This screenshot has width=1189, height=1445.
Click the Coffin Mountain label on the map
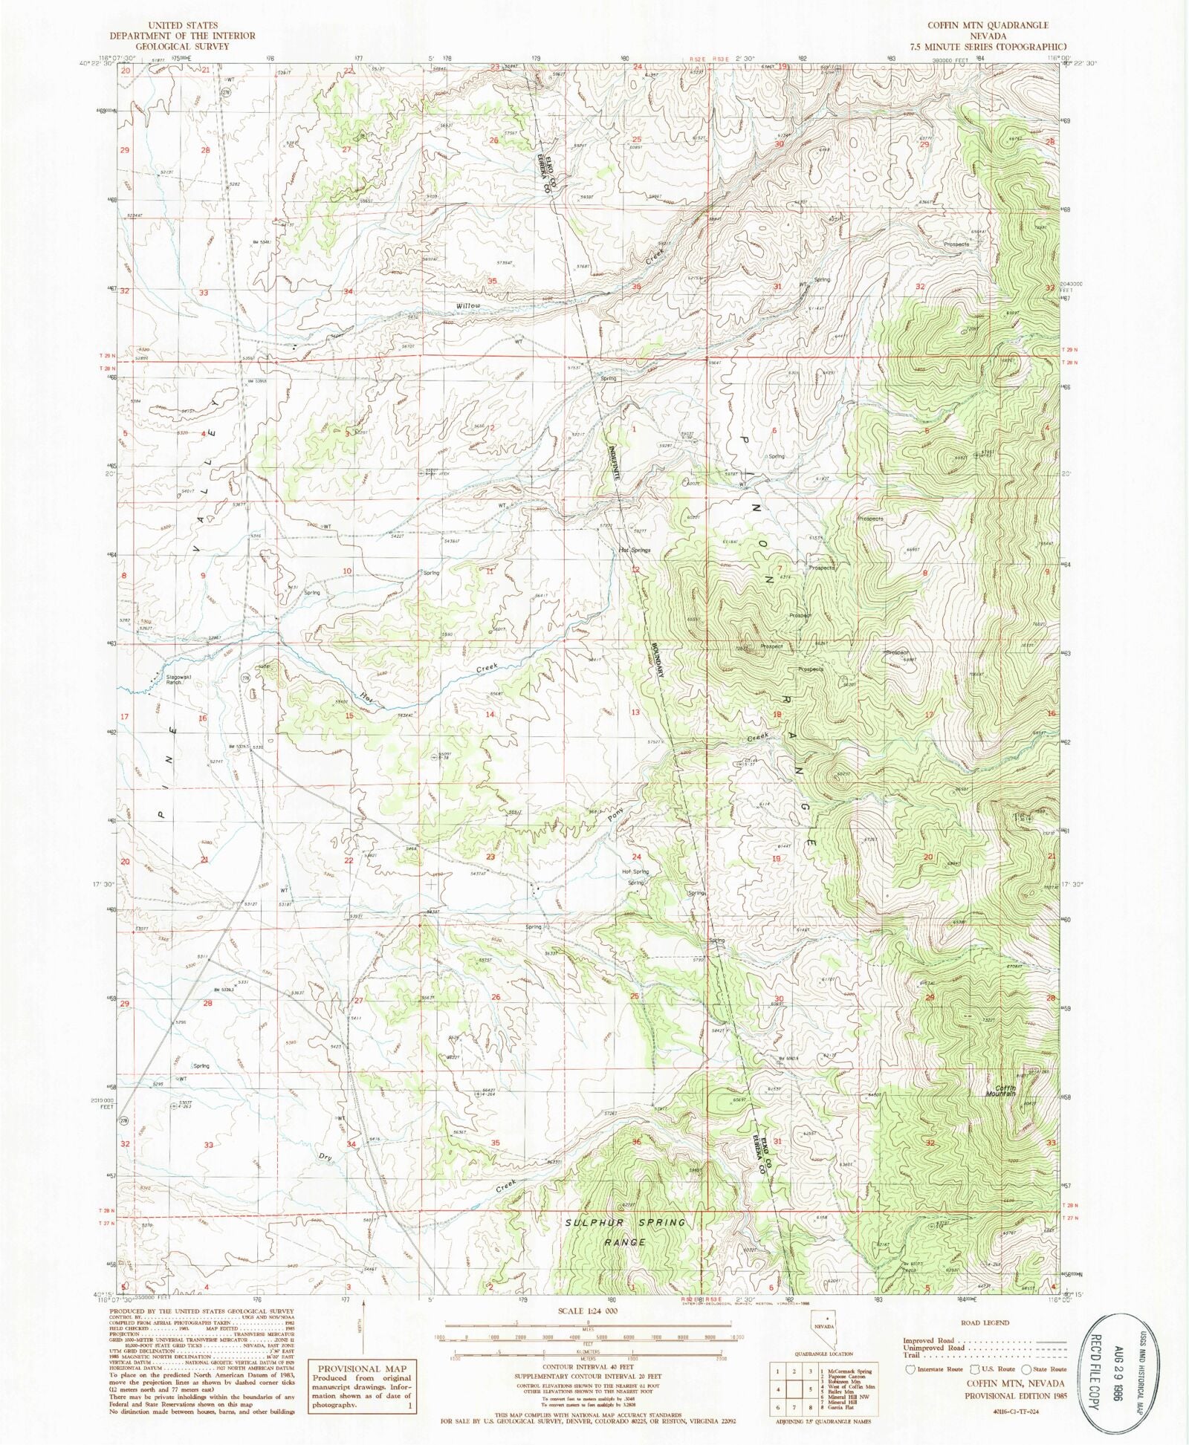(x=1000, y=1091)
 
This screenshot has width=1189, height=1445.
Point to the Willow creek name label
(x=469, y=306)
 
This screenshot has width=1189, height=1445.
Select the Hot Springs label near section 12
(x=635, y=551)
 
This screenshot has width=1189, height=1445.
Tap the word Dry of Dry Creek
(x=325, y=1157)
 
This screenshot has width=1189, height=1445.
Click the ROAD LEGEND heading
(x=985, y=1323)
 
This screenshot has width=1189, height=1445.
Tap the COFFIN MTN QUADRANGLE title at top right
(x=987, y=25)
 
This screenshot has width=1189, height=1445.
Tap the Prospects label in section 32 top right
(x=956, y=244)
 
